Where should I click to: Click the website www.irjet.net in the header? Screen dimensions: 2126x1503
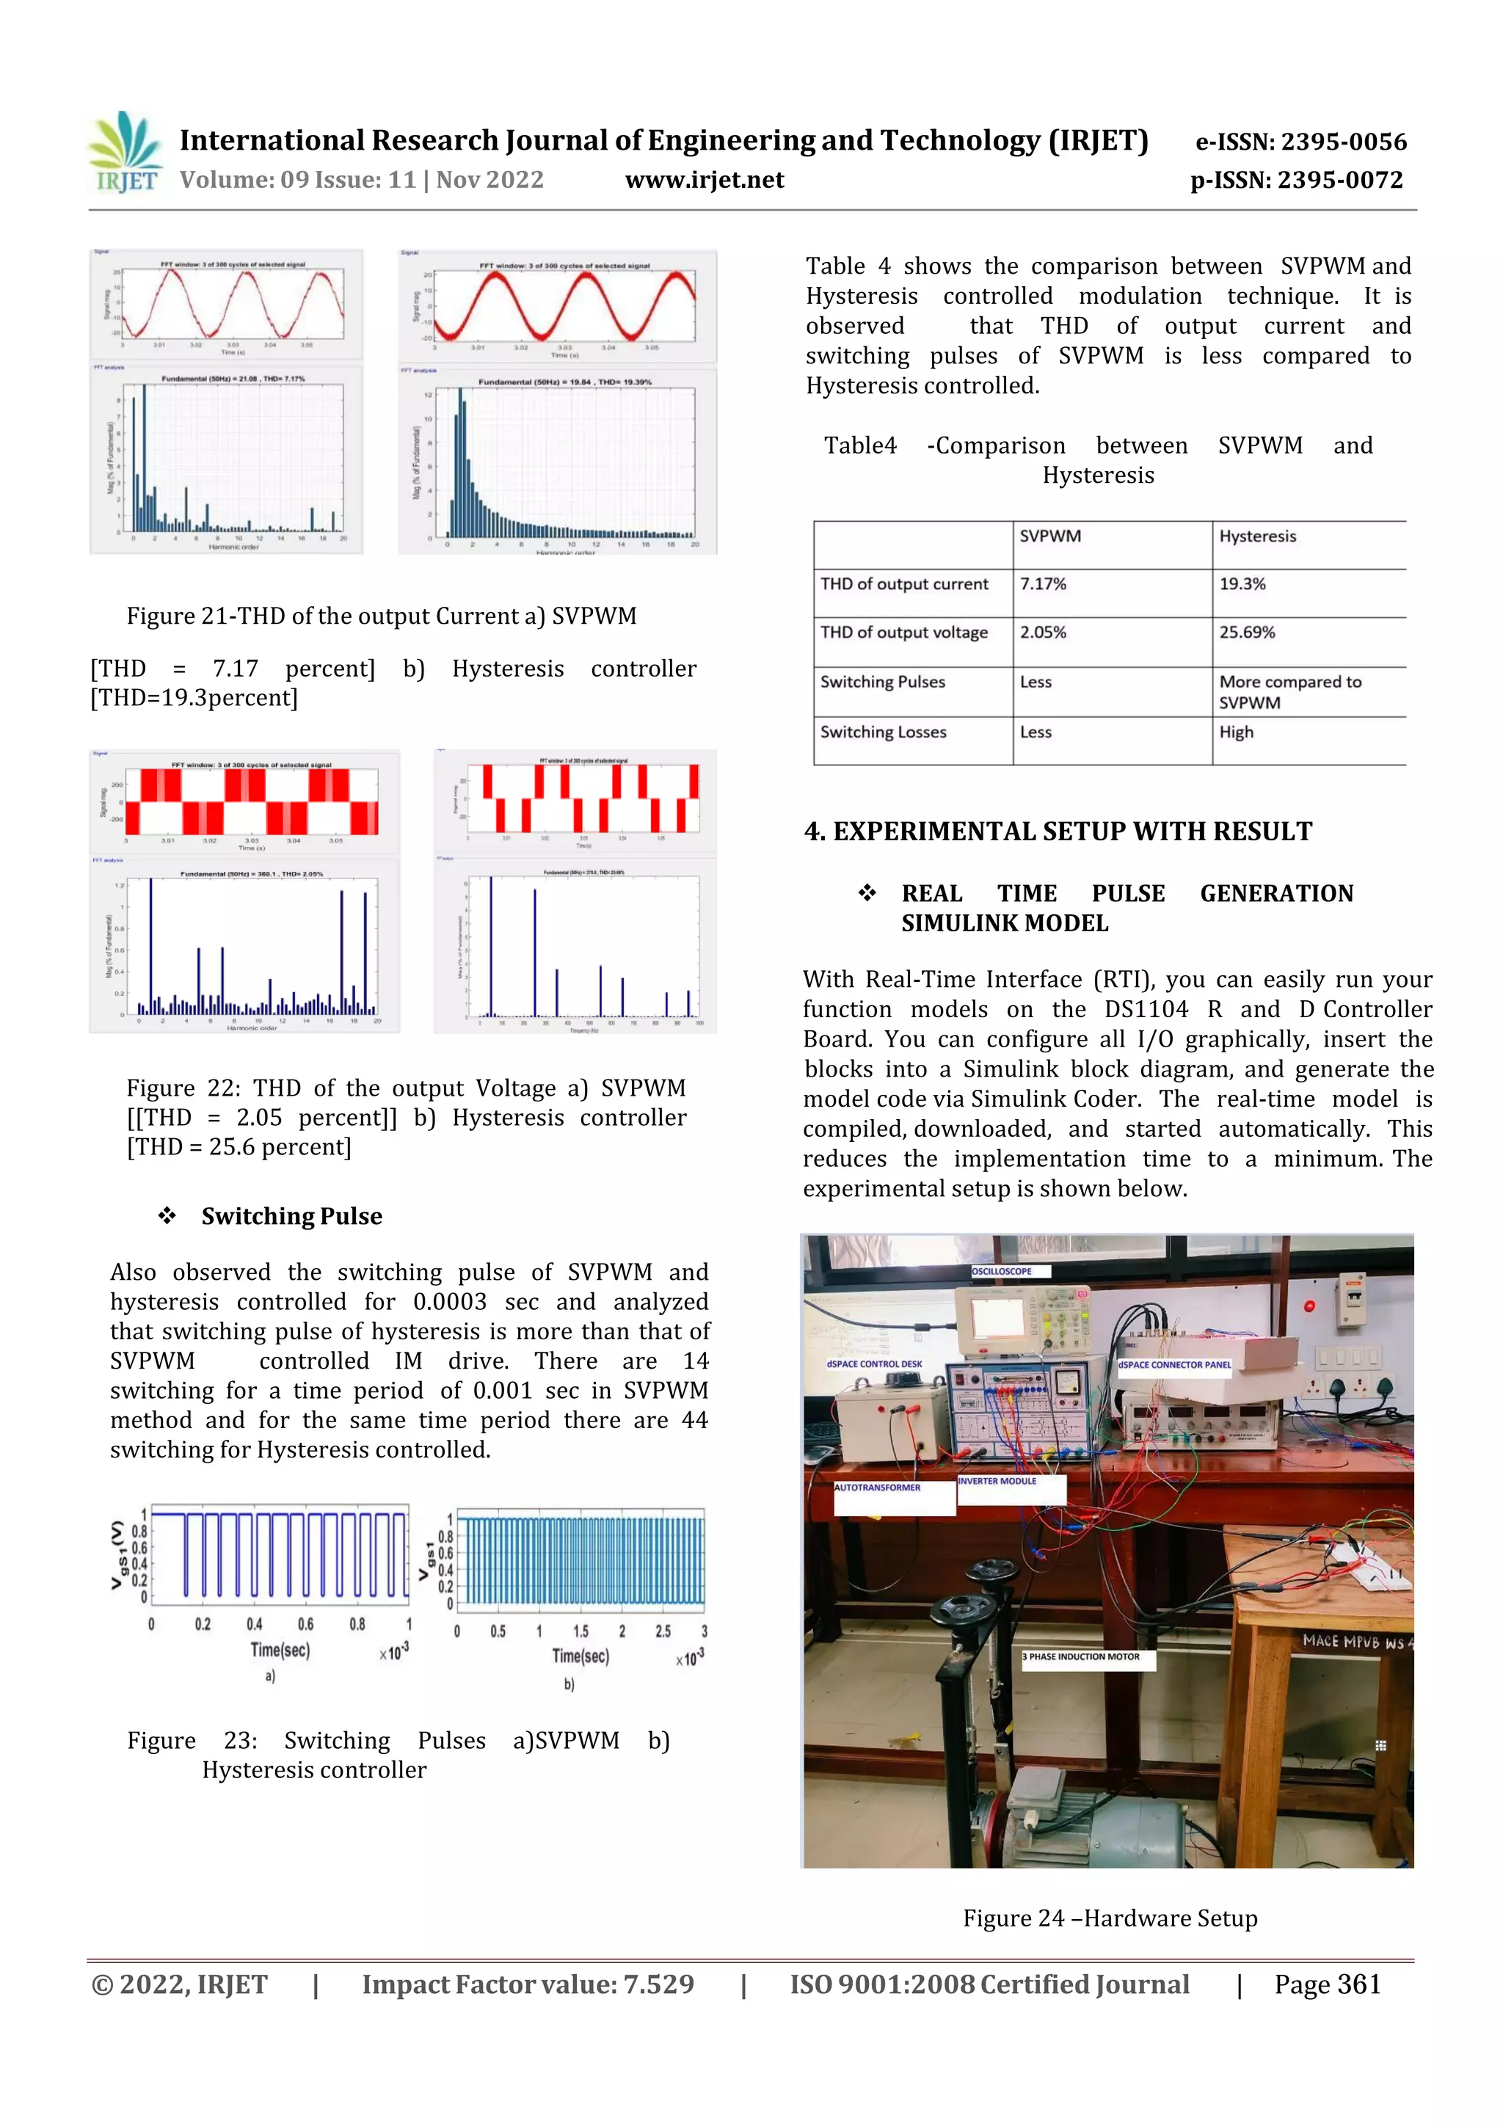click(704, 180)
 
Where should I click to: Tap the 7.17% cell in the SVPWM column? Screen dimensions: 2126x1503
click(1043, 584)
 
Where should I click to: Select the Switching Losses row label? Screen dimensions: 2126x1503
click(883, 732)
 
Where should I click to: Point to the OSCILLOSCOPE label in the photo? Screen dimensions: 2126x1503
click(1001, 1271)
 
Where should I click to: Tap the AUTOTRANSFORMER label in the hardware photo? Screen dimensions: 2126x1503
click(877, 1487)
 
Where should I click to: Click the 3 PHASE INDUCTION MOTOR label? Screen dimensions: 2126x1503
click(1081, 1656)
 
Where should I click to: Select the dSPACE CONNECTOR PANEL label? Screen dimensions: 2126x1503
click(1174, 1364)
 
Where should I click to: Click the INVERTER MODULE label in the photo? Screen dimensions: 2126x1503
click(997, 1481)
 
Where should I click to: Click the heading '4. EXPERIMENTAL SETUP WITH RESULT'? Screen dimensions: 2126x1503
click(1058, 831)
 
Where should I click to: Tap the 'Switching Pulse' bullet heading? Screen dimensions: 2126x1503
click(291, 1216)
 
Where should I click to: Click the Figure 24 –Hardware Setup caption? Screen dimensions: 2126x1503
click(1110, 1918)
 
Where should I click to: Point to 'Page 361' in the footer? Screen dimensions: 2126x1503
click(1326, 1984)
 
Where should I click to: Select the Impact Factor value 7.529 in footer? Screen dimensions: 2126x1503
click(528, 1984)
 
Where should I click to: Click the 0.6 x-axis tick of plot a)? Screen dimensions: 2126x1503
click(305, 1624)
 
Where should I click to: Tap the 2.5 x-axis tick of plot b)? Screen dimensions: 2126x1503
click(663, 1631)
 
